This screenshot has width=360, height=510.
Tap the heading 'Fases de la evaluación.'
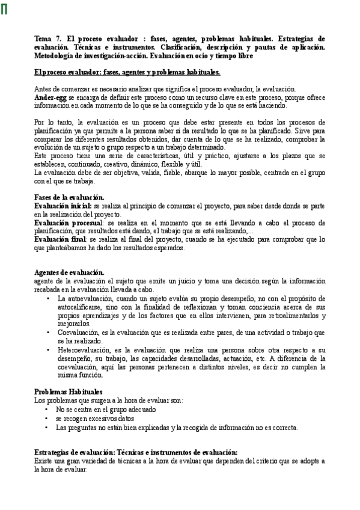[x=69, y=197]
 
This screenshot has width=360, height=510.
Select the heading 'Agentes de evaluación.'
[x=69, y=272]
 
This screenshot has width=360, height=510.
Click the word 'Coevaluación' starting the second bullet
[x=77, y=332]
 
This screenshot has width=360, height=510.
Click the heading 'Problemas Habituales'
[x=68, y=392]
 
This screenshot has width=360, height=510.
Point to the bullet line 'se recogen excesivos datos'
[x=95, y=418]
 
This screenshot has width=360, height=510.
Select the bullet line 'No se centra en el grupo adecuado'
[x=106, y=409]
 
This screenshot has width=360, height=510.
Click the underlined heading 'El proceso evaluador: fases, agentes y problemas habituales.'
[x=127, y=73]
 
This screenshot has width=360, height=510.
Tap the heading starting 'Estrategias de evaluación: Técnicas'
[x=136, y=453]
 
